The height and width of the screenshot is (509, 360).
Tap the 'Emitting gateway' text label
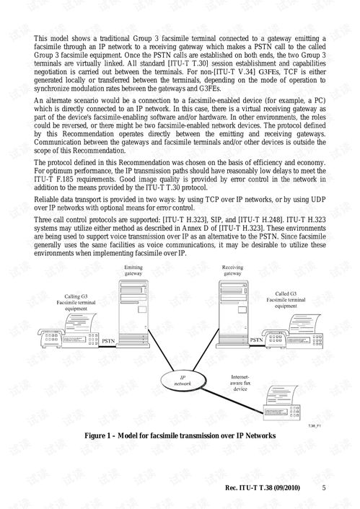click(133, 270)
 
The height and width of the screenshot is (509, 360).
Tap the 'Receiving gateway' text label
click(232, 270)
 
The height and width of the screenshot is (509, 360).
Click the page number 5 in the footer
click(324, 488)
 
